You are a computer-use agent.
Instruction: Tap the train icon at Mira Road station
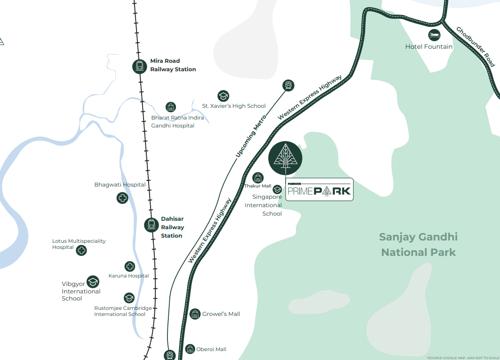coord(140,66)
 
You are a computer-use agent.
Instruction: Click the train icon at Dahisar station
coord(151,225)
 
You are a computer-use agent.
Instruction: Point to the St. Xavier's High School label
coord(234,105)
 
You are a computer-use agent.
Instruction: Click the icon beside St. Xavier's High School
coord(223,95)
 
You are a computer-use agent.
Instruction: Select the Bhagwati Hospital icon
coord(122,197)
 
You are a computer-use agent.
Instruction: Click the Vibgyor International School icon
coord(93,282)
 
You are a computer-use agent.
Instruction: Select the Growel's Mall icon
coord(196,314)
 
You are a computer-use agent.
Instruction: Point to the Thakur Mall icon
coord(258,176)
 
